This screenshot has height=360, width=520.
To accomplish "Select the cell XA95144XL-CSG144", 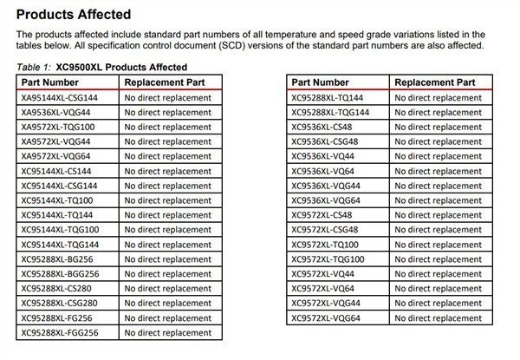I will coord(60,98).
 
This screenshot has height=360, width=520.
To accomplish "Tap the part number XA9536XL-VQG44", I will coord(56,113).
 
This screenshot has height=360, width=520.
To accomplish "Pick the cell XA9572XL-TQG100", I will coord(58,128).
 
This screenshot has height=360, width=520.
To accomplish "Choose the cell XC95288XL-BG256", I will coord(57,259).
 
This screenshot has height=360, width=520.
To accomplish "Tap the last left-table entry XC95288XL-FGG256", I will coord(60,332).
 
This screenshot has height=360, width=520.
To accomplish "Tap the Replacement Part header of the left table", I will coord(164,82).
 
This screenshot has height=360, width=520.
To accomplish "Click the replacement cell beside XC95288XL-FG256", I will coord(168,317).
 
